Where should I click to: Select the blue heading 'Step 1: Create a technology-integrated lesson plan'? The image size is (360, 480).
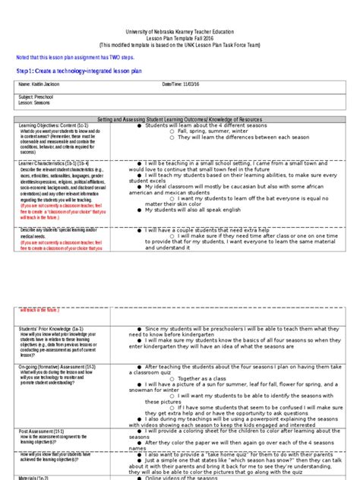pyautogui.click(x=79, y=70)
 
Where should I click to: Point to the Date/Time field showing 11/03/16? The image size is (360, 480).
pyautogui.click(x=186, y=83)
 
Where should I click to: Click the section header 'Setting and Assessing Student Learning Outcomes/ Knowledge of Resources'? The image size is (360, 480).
pyautogui.click(x=180, y=120)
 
